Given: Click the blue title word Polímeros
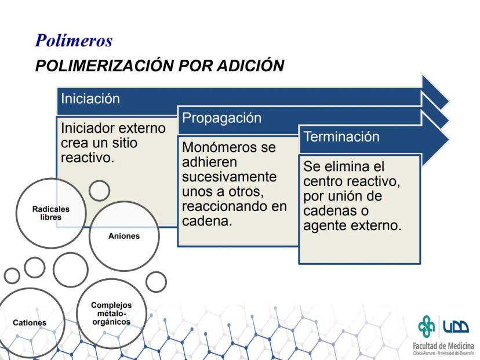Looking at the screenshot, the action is click(x=74, y=40).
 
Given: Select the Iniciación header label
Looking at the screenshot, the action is click(x=90, y=99).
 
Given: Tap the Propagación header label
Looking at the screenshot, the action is click(x=221, y=118).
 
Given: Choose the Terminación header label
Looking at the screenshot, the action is click(x=341, y=137).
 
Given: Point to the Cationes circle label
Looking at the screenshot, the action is click(x=30, y=323).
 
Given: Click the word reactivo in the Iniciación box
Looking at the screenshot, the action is click(x=87, y=158).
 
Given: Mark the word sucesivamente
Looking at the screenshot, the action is click(x=230, y=177).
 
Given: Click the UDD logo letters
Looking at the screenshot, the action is click(x=456, y=326).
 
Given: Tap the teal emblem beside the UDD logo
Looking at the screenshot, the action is click(x=427, y=326).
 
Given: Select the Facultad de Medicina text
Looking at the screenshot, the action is click(x=443, y=346).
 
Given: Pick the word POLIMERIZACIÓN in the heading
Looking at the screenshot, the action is click(x=105, y=66).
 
